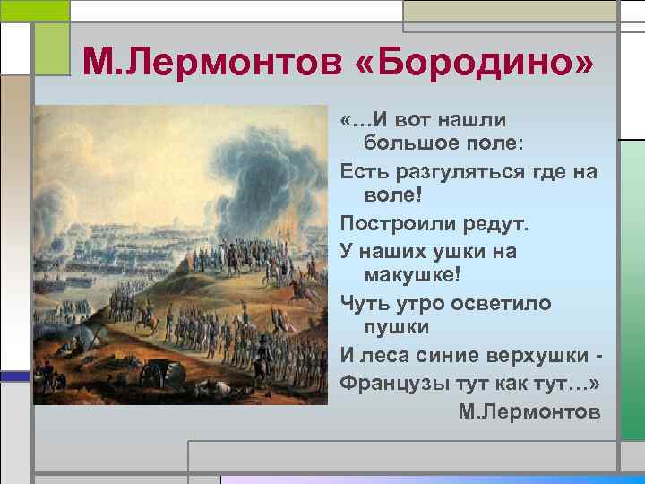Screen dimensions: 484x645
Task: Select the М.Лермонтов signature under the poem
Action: pos(529,411)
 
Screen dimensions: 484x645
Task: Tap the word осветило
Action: pos(502,303)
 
